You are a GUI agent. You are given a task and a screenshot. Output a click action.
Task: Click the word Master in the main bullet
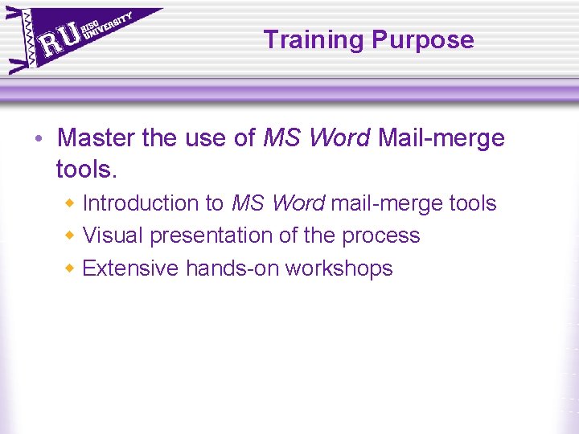point(96,138)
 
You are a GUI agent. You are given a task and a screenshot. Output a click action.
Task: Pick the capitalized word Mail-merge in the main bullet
point(441,138)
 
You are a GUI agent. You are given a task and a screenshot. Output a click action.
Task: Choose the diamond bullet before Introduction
point(71,203)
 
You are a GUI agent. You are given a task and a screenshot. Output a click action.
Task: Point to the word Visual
point(113,235)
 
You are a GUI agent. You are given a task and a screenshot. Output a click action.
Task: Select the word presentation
point(214,235)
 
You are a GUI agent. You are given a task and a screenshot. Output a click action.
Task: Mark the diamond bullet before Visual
point(71,235)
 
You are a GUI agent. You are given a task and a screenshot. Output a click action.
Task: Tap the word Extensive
point(130,268)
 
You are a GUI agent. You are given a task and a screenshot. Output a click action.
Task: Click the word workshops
point(339,268)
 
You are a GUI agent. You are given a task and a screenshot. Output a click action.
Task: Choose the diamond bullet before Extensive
point(71,268)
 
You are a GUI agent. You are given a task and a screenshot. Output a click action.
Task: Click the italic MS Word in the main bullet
point(317,138)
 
